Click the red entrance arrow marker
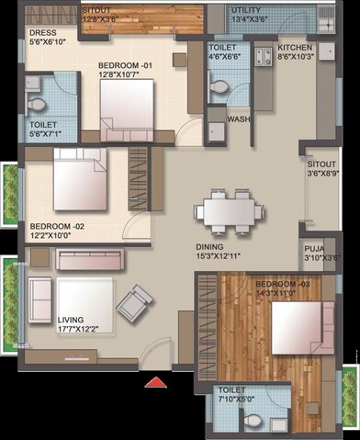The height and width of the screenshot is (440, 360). (157, 380)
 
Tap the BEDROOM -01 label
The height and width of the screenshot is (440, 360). (128, 65)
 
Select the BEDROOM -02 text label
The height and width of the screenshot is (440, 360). (57, 226)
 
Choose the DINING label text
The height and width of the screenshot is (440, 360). (209, 247)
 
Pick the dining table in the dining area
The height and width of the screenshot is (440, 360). (223, 213)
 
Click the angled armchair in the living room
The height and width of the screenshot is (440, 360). (134, 302)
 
